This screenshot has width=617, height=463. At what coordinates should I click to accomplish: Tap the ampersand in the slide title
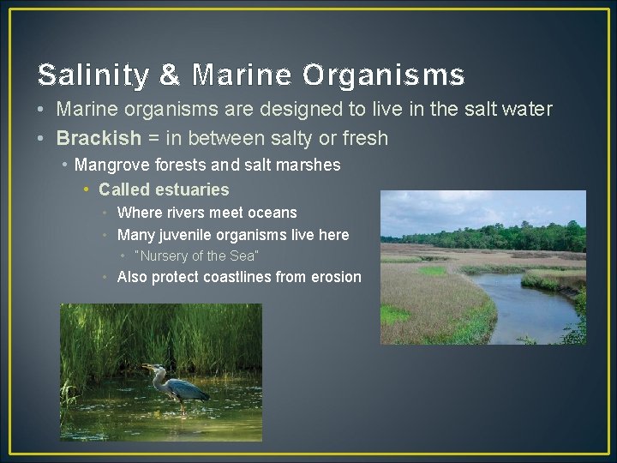171,75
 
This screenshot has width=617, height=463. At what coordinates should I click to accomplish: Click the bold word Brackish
99,138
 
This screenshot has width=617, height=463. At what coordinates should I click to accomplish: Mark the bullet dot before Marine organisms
41,110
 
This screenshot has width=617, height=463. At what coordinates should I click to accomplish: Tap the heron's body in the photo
184,389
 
